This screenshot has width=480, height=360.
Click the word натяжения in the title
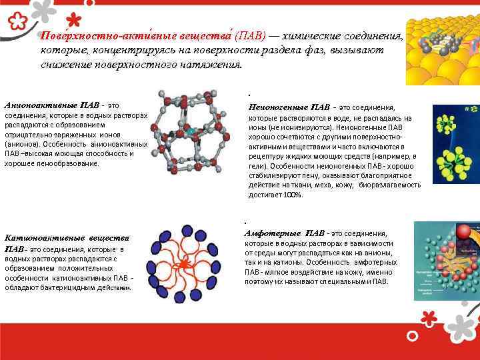pyautogui.click(x=211, y=65)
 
